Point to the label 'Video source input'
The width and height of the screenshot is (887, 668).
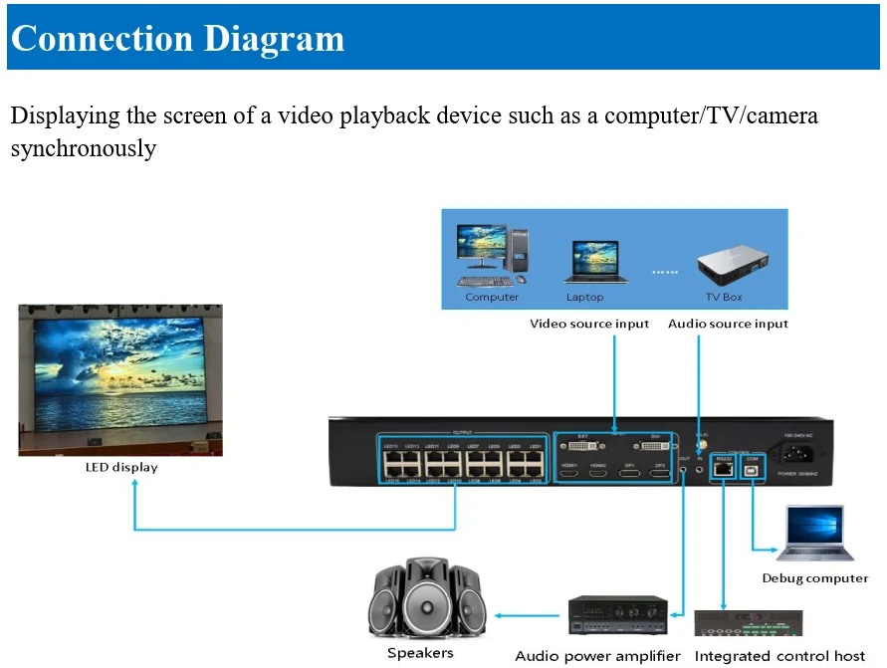pyautogui.click(x=588, y=324)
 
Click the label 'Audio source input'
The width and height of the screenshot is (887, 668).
pyautogui.click(x=728, y=324)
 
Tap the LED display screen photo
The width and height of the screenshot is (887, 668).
pyautogui.click(x=120, y=379)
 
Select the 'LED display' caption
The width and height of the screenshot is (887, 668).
pyautogui.click(x=120, y=467)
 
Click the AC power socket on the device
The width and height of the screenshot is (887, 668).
pyautogui.click(x=800, y=454)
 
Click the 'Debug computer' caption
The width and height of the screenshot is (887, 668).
pyautogui.click(x=814, y=578)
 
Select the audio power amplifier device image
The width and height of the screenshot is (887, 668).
pyautogui.click(x=617, y=615)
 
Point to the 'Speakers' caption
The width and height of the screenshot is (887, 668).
pyautogui.click(x=420, y=653)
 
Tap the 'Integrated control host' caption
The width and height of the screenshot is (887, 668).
pyautogui.click(x=779, y=656)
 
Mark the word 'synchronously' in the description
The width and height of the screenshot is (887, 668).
pyautogui.click(x=84, y=149)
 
